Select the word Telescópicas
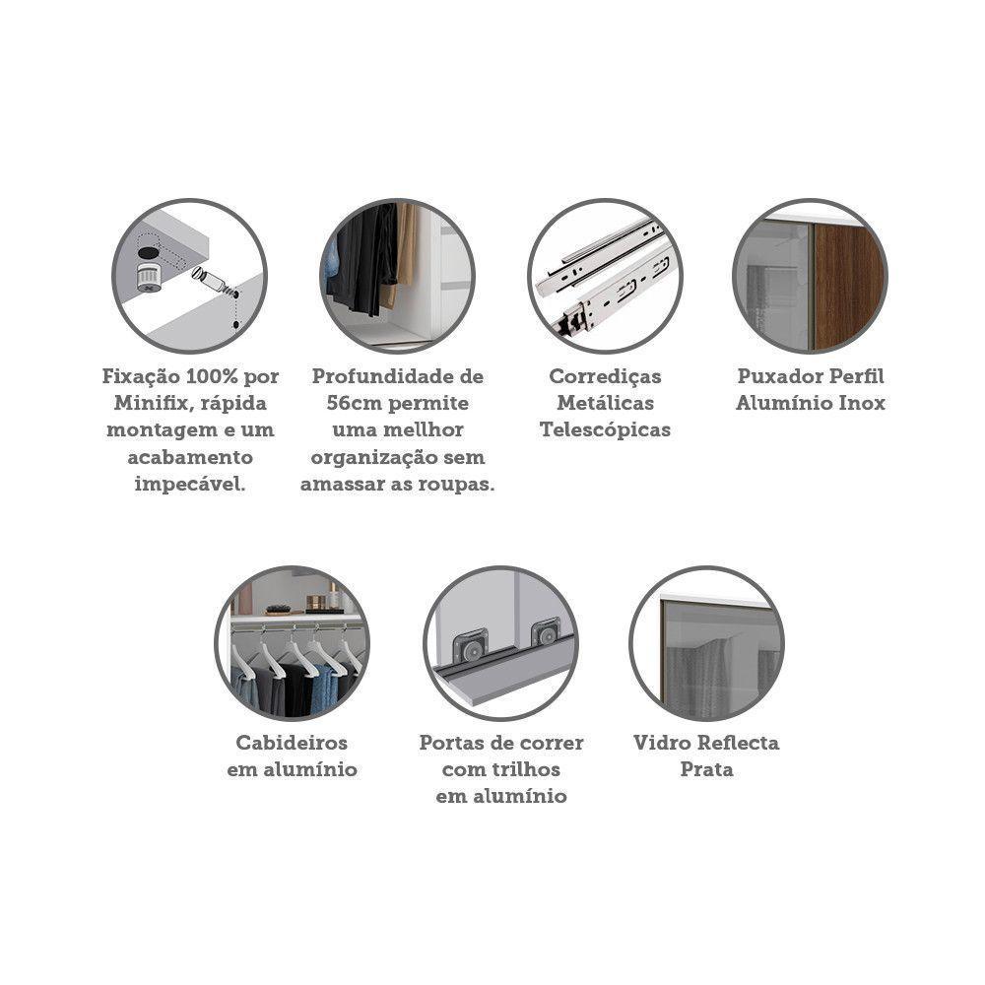[x=605, y=430]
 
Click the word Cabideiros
[x=292, y=743]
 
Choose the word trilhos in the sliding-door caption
[x=528, y=769]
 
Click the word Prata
[x=706, y=769]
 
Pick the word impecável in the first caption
[x=190, y=485]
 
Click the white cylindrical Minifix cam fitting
[x=149, y=278]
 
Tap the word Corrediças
[x=605, y=376]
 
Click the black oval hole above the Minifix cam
[x=149, y=252]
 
